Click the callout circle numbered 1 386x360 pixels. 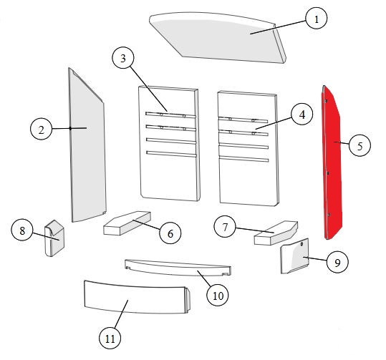click(317, 19)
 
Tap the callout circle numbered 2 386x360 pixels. click(41, 129)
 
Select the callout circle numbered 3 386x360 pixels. click(123, 58)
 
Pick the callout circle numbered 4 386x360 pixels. click(301, 115)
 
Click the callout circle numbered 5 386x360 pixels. click(360, 146)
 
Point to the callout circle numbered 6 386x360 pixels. click(170, 233)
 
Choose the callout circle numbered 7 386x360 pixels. click(225, 227)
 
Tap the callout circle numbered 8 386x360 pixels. click(22, 230)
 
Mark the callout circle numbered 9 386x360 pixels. click(337, 262)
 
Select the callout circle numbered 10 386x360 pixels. click(218, 295)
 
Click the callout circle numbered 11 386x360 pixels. click(110, 338)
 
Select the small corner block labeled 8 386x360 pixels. click(54, 238)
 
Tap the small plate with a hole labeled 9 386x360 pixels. click(294, 256)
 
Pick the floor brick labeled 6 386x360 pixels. click(127, 223)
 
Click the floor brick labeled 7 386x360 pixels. click(276, 233)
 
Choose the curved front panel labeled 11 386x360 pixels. click(137, 297)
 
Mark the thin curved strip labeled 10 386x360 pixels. click(178, 268)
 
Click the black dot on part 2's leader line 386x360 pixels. click(70, 128)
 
